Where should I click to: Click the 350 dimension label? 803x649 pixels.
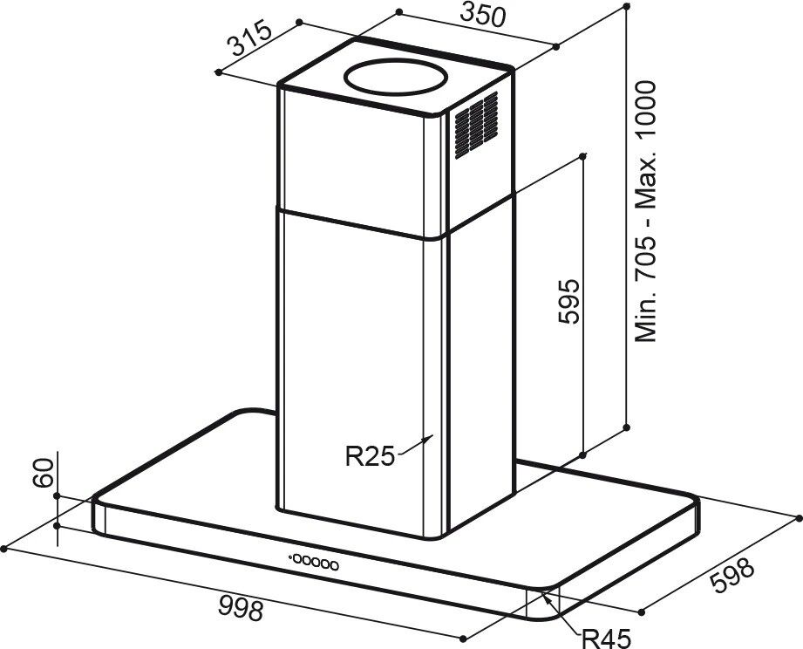(482, 15)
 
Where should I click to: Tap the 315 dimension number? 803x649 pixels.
(251, 38)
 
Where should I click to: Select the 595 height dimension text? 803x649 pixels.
(568, 301)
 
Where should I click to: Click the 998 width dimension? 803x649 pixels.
(241, 608)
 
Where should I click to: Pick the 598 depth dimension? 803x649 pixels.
(732, 575)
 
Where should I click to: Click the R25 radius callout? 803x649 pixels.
(371, 456)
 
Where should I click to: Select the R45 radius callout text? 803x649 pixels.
(606, 639)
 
